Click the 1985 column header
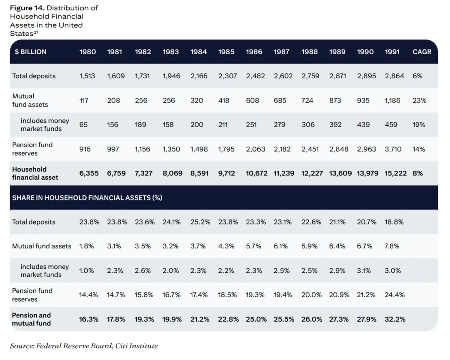(x=226, y=52)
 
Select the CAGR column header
(x=422, y=52)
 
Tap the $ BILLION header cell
(x=30, y=52)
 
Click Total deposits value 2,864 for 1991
(x=394, y=76)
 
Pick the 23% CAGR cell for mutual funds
(x=419, y=100)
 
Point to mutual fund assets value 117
(x=84, y=100)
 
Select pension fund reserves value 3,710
(x=393, y=149)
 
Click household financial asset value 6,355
(x=89, y=173)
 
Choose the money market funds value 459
(x=391, y=125)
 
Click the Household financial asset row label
(x=35, y=173)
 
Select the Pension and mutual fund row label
(x=31, y=319)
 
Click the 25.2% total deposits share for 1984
(x=200, y=222)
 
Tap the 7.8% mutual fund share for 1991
(x=392, y=246)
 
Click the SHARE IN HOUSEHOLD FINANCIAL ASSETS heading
(x=87, y=197)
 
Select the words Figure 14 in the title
(x=26, y=8)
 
